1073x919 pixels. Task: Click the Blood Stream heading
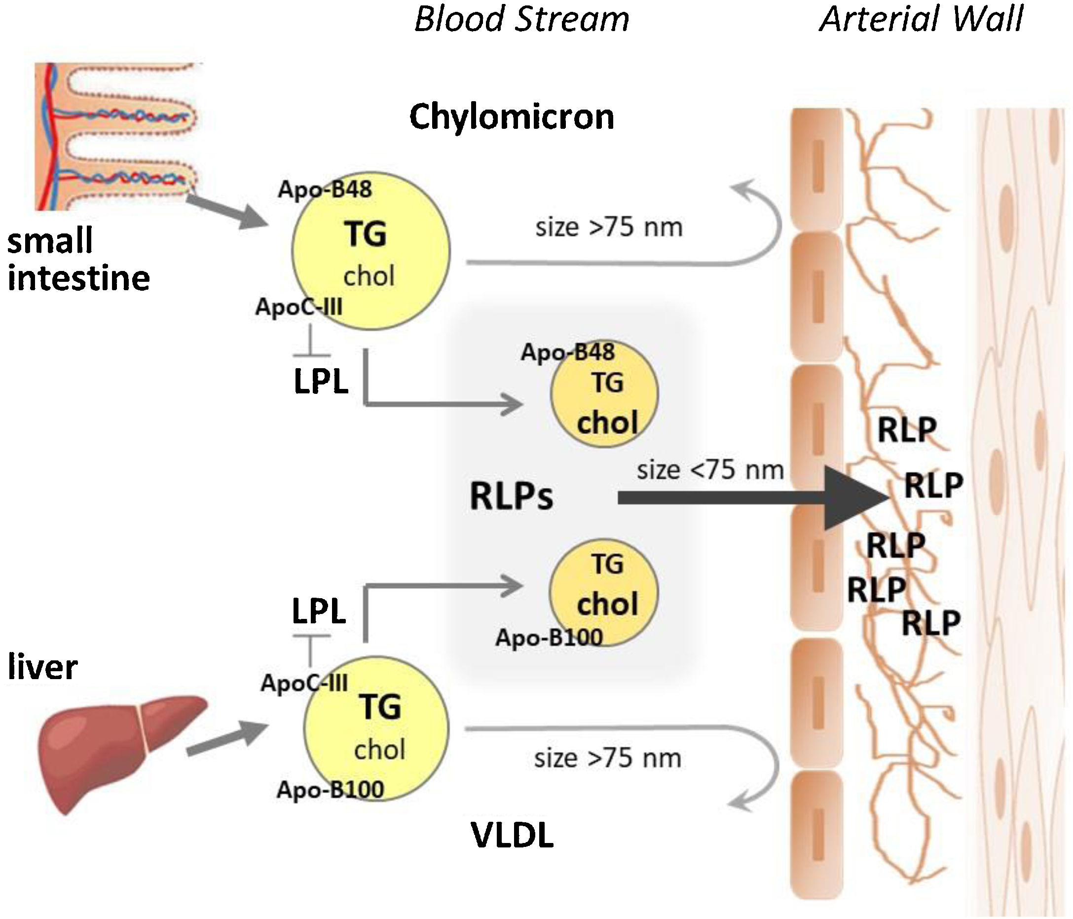pos(521,20)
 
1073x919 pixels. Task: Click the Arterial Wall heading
pos(921,20)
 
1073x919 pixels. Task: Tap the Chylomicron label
pos(512,116)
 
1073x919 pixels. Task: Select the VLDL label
pos(512,835)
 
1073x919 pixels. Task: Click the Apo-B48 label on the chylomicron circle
pos(325,190)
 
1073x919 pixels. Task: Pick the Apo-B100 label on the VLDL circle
pos(331,790)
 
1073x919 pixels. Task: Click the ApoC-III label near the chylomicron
pos(299,307)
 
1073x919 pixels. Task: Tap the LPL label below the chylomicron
pos(321,383)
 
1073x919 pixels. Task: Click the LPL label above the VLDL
pos(319,612)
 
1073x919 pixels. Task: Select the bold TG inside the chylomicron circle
pos(366,234)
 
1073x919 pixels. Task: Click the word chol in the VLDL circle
pos(379,750)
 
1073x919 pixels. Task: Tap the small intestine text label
pos(77,260)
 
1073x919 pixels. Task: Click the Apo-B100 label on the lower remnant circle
pos(549,638)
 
